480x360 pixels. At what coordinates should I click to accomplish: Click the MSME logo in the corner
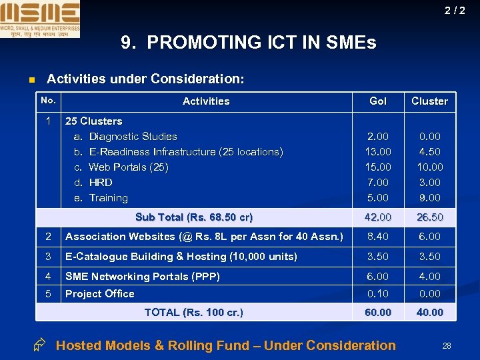[x=40, y=19]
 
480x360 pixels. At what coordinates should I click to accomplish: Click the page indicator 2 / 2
[x=455, y=11]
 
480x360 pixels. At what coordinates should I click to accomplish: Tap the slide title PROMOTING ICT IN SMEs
[x=249, y=43]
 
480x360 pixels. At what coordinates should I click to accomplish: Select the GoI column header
[x=378, y=101]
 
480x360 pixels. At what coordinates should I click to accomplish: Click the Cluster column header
[x=429, y=101]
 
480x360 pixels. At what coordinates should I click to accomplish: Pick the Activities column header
[x=206, y=101]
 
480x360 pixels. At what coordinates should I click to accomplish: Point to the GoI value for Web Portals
[x=378, y=167]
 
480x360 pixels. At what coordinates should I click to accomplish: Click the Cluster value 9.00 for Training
[x=429, y=198]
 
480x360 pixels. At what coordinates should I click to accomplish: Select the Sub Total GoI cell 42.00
[x=378, y=217]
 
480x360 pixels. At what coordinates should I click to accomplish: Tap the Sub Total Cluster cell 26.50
[x=429, y=217]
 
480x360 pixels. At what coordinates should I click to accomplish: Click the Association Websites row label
[x=204, y=237]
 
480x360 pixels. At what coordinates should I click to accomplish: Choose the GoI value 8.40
[x=378, y=237]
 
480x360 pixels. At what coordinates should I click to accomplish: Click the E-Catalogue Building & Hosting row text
[x=181, y=257]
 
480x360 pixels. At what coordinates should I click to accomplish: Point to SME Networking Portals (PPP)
[x=143, y=277]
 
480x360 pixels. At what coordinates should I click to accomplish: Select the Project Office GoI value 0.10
[x=378, y=294]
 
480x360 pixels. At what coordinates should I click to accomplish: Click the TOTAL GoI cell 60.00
[x=378, y=313]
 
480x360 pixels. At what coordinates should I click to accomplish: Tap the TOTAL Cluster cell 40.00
[x=429, y=313]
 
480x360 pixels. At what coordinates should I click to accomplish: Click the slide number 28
[x=447, y=346]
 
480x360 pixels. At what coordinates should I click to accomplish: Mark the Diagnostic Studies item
[x=133, y=137]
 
